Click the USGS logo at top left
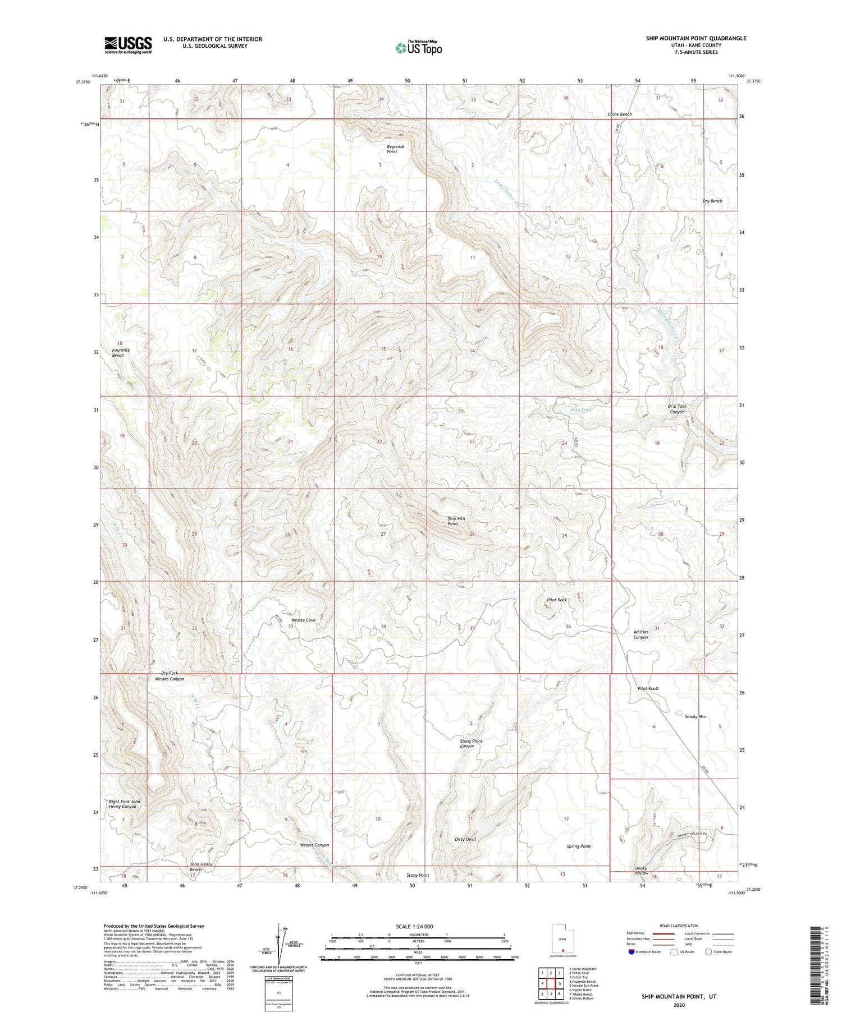pos(128,45)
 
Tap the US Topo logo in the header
pos(418,48)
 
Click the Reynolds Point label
pos(395,149)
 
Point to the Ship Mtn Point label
pos(456,521)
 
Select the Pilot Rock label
pos(557,600)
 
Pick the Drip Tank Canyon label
pos(677,409)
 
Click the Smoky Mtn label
pos(695,716)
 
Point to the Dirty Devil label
pos(465,839)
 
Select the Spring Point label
pos(578,846)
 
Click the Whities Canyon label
pos(641,634)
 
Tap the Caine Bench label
pos(620,114)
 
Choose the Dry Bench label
pos(712,201)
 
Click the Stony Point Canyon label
pos(471,743)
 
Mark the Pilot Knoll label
pos(648,688)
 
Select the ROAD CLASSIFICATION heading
pos(679,926)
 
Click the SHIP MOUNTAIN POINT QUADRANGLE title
pos(696,38)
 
